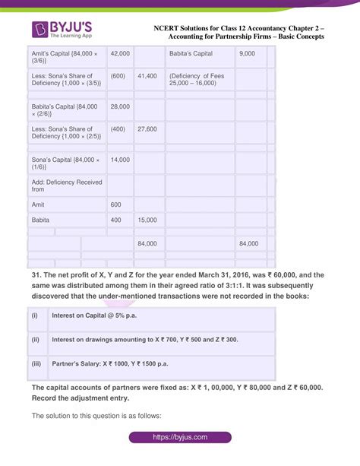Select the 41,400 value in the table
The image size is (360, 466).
point(147,77)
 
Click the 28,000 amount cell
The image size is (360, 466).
point(120,108)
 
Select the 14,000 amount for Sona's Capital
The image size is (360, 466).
point(120,160)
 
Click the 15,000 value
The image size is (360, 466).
point(147,220)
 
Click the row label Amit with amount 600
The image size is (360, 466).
point(39,204)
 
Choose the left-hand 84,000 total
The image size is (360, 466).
point(147,243)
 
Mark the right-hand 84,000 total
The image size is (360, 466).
point(249,243)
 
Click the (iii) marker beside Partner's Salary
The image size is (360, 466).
point(36,363)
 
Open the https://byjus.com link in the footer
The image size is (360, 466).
point(179,438)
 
